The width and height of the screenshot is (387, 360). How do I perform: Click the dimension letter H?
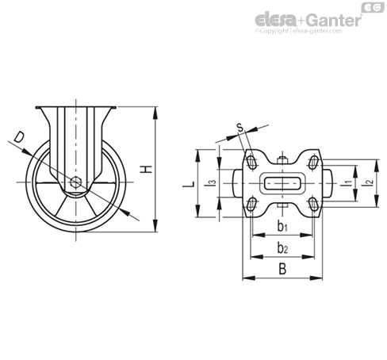pos(147,170)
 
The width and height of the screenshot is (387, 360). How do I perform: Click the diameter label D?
pos(19,137)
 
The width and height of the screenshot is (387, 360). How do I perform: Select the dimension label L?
pos(189,184)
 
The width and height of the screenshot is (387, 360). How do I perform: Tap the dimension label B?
pos(282,269)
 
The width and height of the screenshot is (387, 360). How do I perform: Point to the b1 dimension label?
pos(282,227)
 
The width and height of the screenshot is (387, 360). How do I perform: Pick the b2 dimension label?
pos(282,248)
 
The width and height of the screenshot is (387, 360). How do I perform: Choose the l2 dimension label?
pos(368,182)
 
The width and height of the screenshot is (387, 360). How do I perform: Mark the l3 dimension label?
pos(212,182)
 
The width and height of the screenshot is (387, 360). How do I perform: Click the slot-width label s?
pos(239,128)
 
